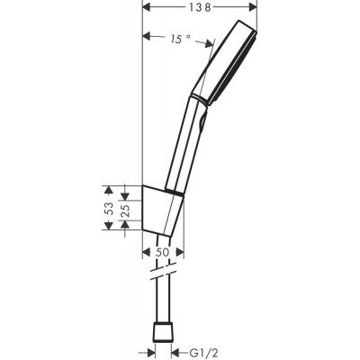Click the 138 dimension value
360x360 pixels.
pos(188,7)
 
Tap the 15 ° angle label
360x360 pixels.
pos(179,38)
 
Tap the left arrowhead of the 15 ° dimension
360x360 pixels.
pos(148,38)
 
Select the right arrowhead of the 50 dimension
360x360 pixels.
pos(180,253)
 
